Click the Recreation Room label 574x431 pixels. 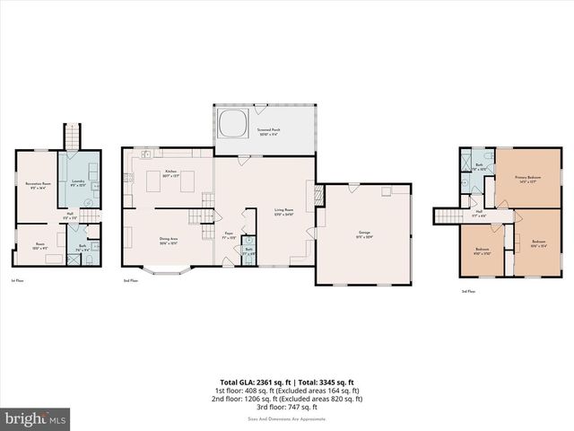[36, 185]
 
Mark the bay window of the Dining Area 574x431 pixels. [168, 268]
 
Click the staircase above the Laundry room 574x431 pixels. [72, 136]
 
